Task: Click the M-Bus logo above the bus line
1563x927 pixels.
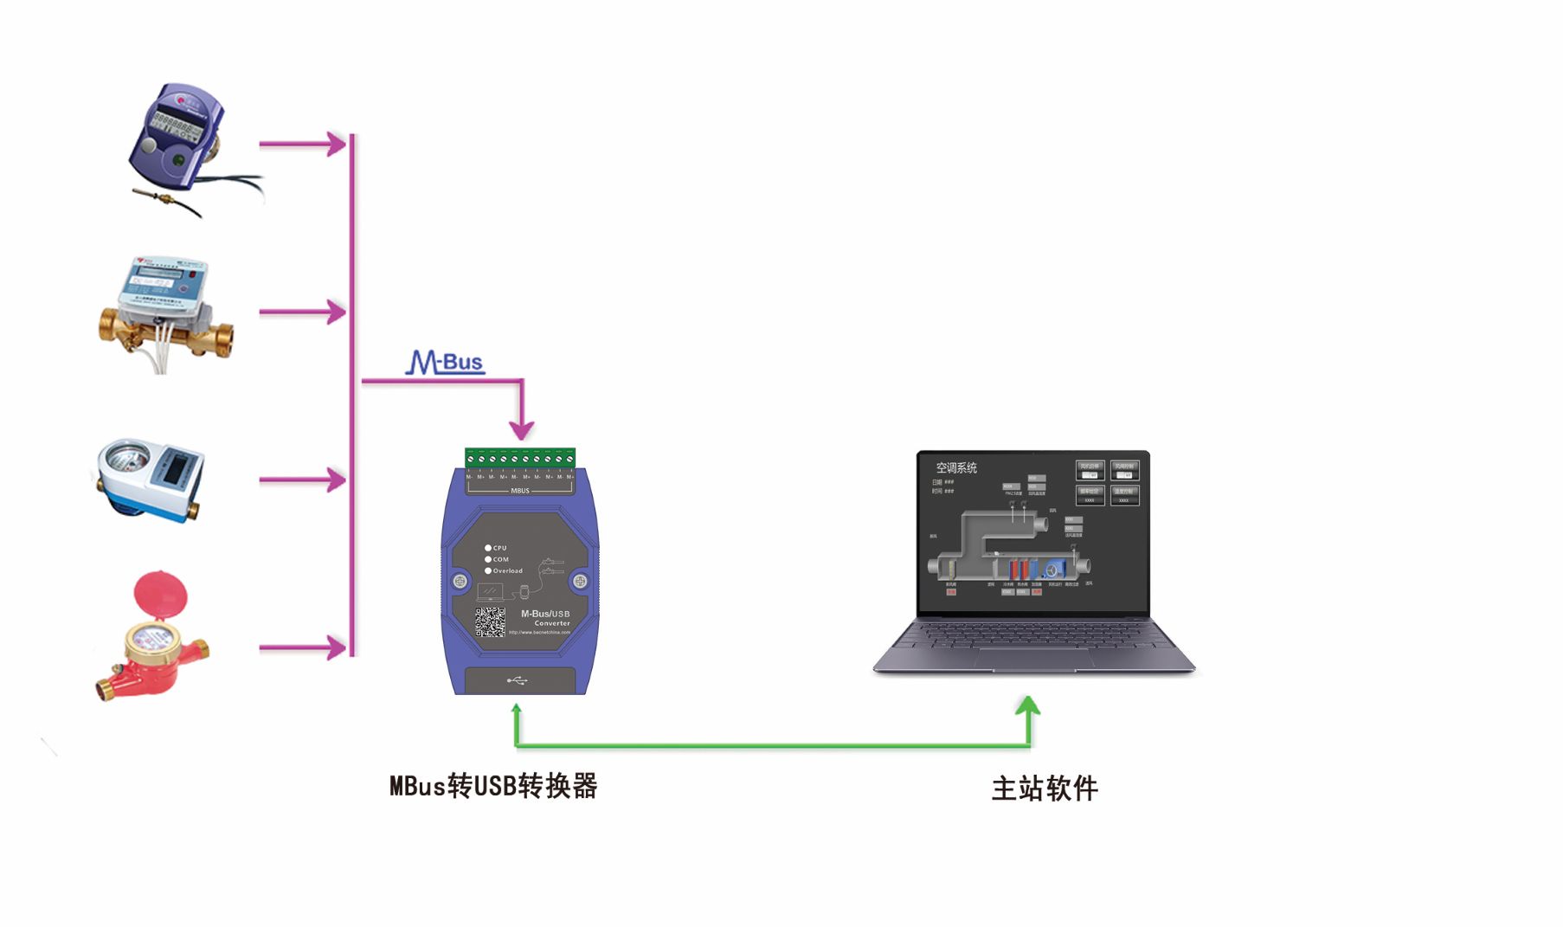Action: pyautogui.click(x=445, y=362)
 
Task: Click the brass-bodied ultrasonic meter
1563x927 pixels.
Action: pyautogui.click(x=164, y=312)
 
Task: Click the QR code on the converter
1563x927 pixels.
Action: pyautogui.click(x=490, y=621)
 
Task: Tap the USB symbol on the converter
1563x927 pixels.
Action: pyautogui.click(x=518, y=680)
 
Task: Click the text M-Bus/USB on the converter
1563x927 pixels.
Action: pyautogui.click(x=545, y=614)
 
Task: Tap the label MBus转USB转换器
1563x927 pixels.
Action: pyautogui.click(x=493, y=786)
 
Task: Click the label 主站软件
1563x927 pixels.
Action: pyautogui.click(x=1045, y=789)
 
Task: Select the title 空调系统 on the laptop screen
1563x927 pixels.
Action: pyautogui.click(x=956, y=467)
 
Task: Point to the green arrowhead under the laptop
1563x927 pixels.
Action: pyautogui.click(x=1028, y=705)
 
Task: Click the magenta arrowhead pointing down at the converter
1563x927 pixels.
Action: pyautogui.click(x=521, y=428)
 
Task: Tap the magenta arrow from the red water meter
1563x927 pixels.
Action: pyautogui.click(x=302, y=647)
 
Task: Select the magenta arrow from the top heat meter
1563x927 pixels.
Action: pyautogui.click(x=302, y=144)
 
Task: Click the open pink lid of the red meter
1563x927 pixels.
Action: pyautogui.click(x=161, y=595)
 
